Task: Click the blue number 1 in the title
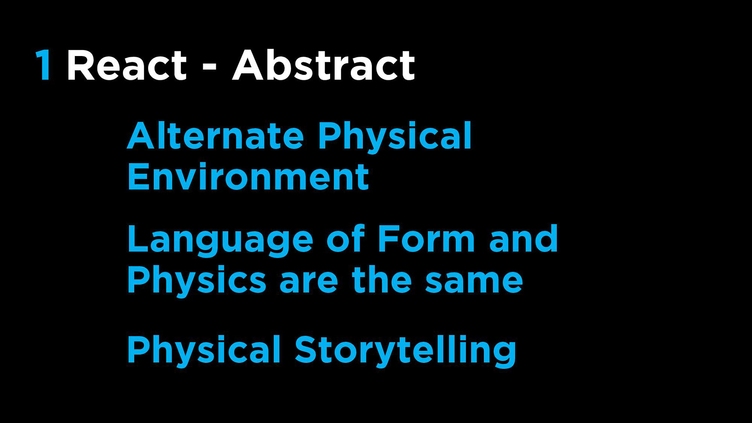(x=43, y=65)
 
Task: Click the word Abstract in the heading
(x=324, y=65)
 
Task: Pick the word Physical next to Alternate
(x=395, y=137)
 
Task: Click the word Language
(x=221, y=240)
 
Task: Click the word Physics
(x=197, y=281)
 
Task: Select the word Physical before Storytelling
(x=204, y=351)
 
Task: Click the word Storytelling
(x=406, y=351)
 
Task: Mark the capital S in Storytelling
(x=306, y=350)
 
